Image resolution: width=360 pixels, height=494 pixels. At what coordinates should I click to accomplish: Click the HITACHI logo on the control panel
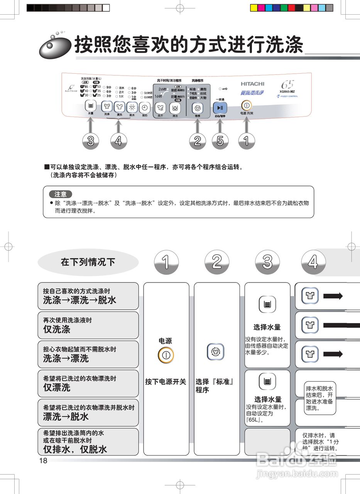[x=253, y=84]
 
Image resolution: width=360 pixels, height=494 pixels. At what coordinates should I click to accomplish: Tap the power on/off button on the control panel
[x=246, y=105]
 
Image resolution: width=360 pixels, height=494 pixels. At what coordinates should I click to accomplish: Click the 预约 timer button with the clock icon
[x=144, y=108]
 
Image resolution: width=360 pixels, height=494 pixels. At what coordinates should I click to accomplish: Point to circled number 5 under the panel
[x=220, y=141]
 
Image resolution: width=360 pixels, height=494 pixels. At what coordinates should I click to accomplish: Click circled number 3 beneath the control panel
[x=91, y=141]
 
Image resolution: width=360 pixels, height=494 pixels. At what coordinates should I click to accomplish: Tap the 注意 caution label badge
[x=60, y=194]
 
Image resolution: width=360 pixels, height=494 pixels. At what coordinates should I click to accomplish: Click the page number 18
[x=43, y=460]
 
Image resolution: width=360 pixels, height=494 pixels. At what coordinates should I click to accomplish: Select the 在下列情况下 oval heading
[x=88, y=262]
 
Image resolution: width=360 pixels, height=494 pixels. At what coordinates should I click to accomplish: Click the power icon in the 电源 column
[x=166, y=355]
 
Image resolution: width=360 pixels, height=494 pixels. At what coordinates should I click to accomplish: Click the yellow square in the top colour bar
[x=254, y=8]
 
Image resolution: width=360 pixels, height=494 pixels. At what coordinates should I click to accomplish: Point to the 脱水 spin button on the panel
[x=132, y=108]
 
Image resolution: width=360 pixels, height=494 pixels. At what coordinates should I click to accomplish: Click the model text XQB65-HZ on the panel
[x=287, y=91]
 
